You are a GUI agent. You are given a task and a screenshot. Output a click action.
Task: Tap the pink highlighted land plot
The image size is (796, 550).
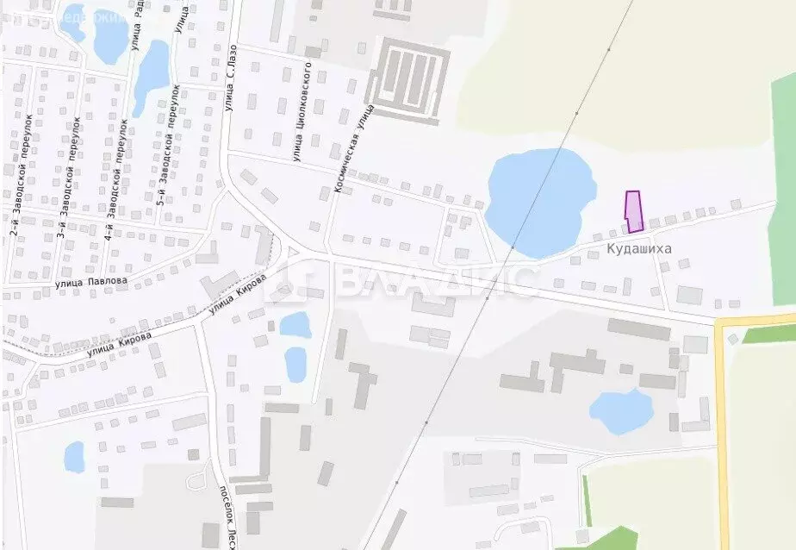pos(633,212)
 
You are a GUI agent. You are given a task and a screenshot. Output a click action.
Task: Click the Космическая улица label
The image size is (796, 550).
pos(352,149)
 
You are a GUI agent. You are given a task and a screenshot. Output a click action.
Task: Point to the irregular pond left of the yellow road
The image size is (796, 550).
pos(621,411)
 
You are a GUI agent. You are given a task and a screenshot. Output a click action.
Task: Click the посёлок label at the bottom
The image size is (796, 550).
pos(231,513)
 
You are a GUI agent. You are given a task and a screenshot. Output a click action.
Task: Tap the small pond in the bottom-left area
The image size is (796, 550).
pos(75,456)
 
